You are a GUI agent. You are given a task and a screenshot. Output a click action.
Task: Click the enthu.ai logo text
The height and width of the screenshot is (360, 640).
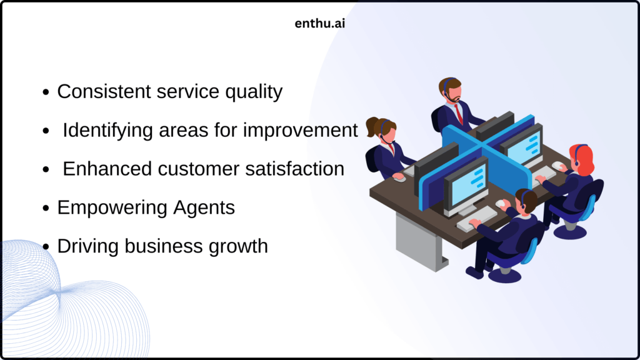pyautogui.click(x=319, y=24)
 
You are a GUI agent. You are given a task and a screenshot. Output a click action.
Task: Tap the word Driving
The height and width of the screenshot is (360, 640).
pyautogui.click(x=88, y=246)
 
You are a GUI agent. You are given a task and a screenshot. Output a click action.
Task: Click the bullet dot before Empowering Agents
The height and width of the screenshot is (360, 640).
pyautogui.click(x=46, y=208)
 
